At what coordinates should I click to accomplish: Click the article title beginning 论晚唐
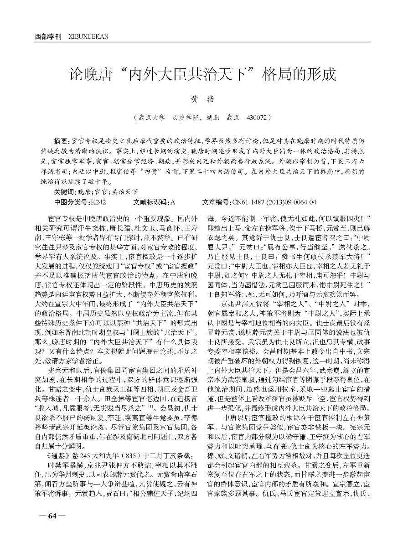click(201, 74)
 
